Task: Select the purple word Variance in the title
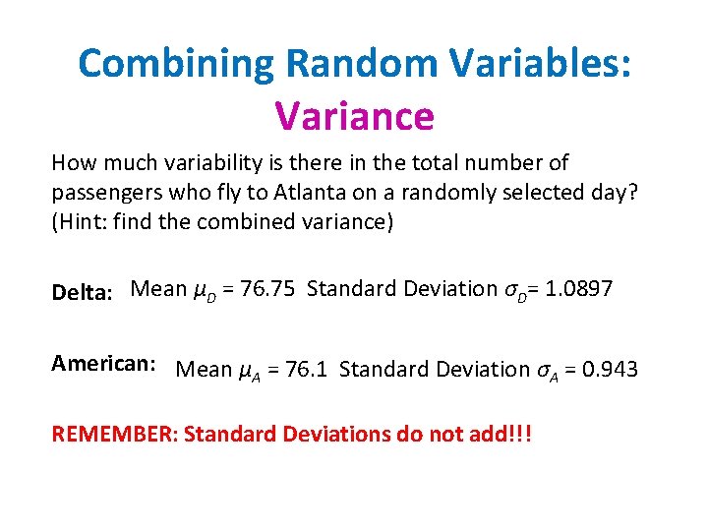(x=354, y=116)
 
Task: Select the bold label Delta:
(x=85, y=292)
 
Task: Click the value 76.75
(x=271, y=289)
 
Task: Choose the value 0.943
(x=610, y=370)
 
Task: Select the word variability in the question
(x=190, y=162)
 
